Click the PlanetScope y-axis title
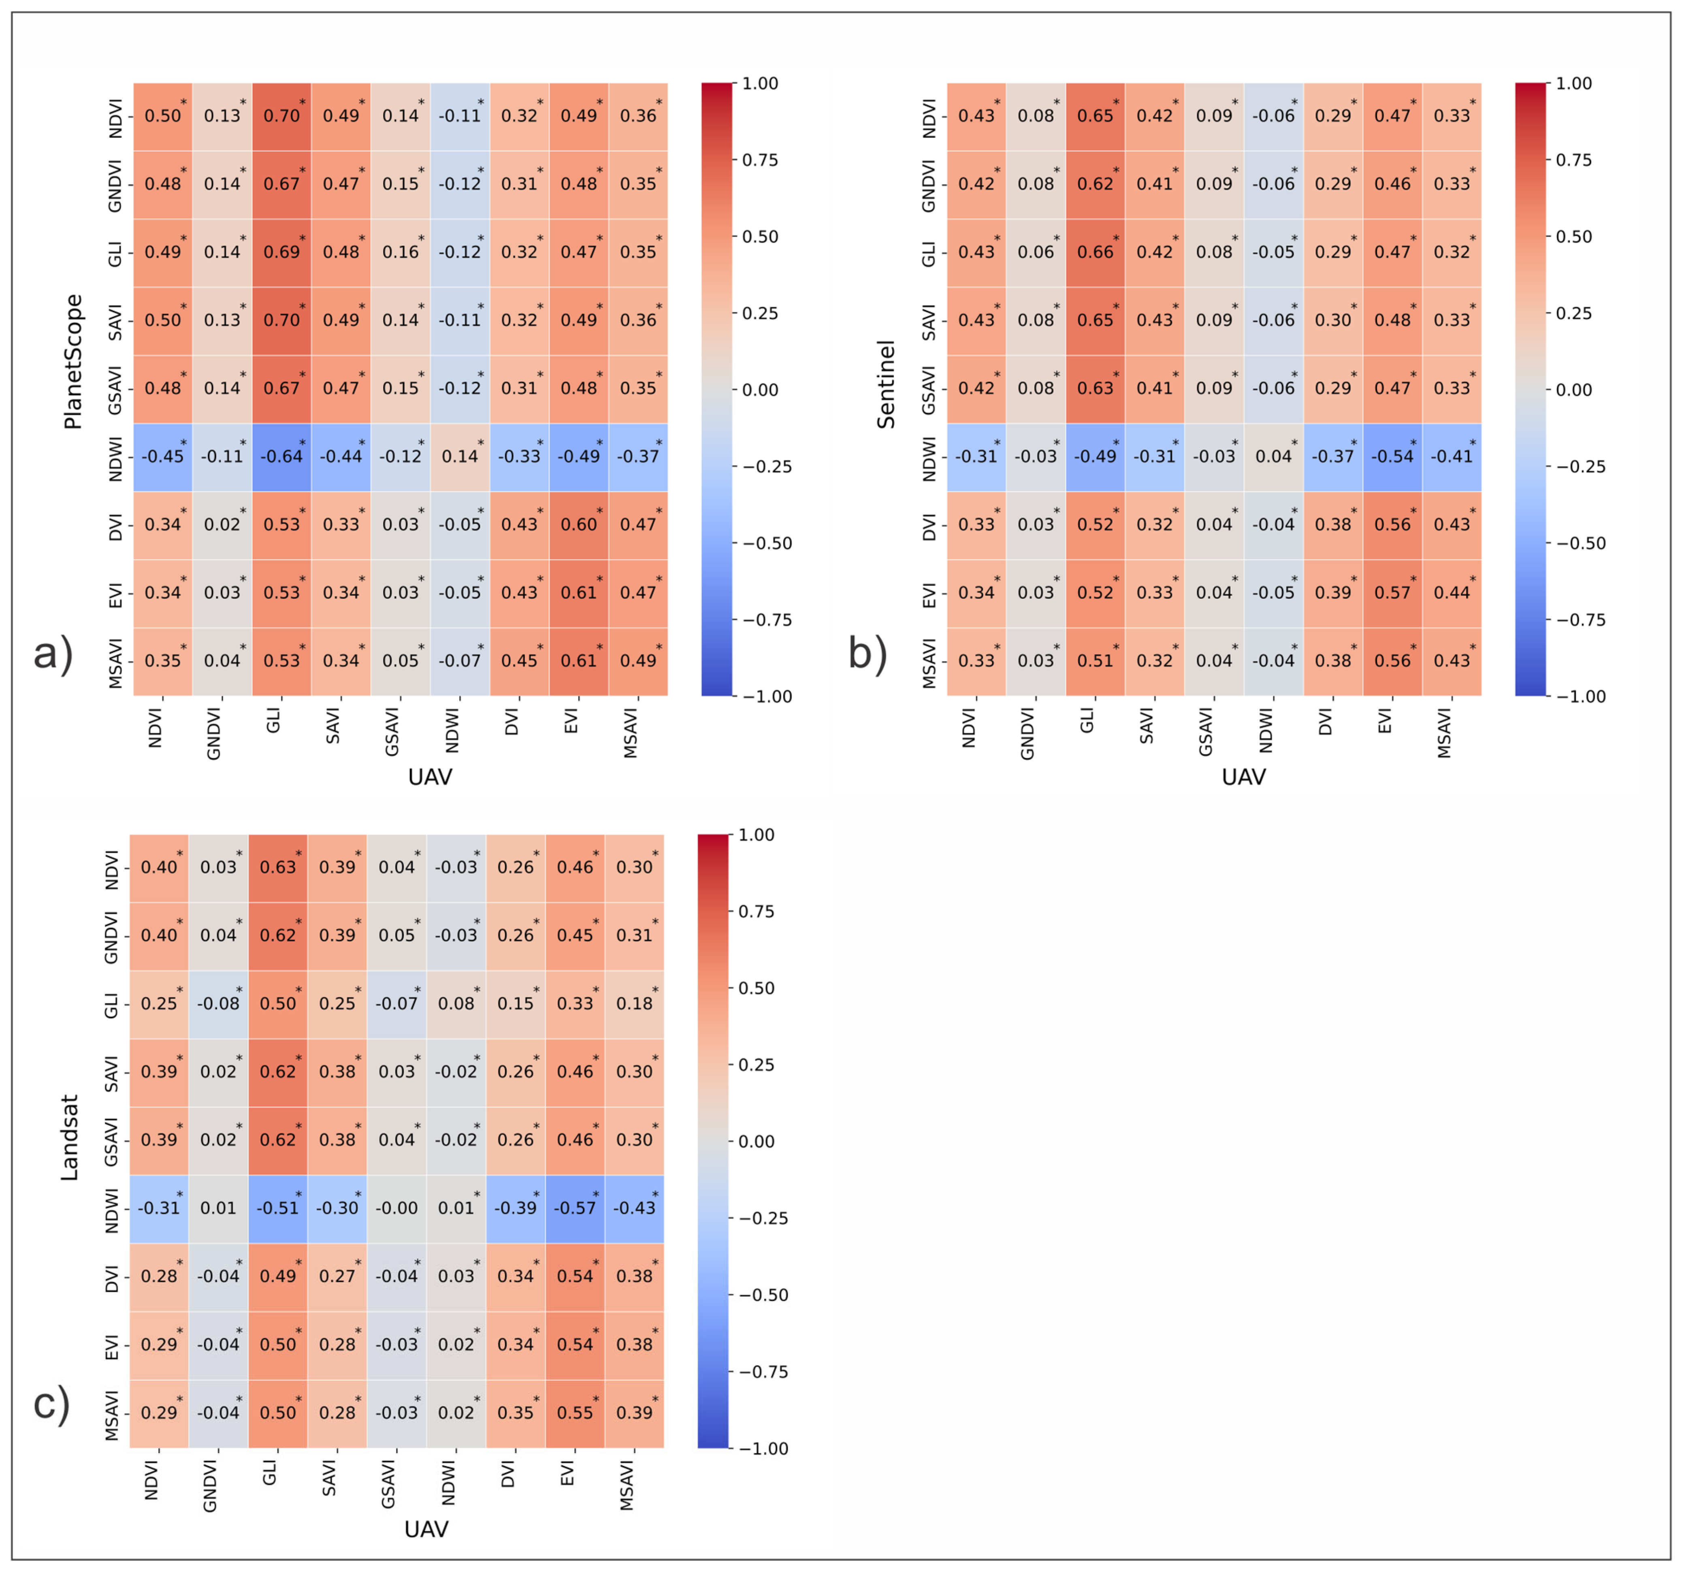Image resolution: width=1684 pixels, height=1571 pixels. click(x=74, y=362)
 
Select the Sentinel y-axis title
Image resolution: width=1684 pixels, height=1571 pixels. click(x=886, y=384)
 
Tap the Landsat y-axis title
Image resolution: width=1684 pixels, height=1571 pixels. click(x=70, y=1137)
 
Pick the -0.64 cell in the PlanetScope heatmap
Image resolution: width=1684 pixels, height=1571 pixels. click(x=281, y=457)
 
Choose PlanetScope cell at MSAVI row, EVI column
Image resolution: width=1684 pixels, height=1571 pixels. click(x=579, y=661)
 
